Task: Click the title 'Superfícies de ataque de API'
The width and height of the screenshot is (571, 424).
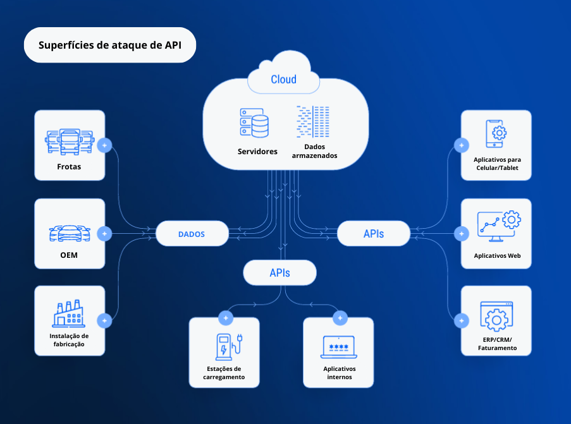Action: pyautogui.click(x=109, y=45)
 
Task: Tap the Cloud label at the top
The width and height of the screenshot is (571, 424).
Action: pyautogui.click(x=283, y=80)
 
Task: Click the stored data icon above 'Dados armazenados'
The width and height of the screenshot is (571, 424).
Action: pyautogui.click(x=313, y=122)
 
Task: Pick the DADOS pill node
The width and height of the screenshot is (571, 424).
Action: pyautogui.click(x=192, y=234)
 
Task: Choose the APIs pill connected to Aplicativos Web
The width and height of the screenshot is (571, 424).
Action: pyautogui.click(x=374, y=234)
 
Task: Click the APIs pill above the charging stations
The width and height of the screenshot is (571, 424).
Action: pyautogui.click(x=280, y=273)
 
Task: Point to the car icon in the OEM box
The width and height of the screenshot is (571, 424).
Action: pyautogui.click(x=70, y=233)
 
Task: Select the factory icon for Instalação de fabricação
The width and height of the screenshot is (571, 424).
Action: pyautogui.click(x=70, y=313)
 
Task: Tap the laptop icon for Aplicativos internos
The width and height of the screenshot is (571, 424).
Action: pyautogui.click(x=339, y=347)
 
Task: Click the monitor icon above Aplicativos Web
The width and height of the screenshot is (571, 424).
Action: pyautogui.click(x=498, y=226)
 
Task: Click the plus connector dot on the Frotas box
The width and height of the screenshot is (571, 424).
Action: pyautogui.click(x=106, y=145)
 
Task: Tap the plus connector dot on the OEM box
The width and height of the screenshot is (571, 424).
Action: pyautogui.click(x=106, y=234)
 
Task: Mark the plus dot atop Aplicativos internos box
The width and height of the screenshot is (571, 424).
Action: pyautogui.click(x=341, y=318)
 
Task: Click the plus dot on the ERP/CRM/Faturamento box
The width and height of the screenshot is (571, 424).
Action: pyautogui.click(x=462, y=321)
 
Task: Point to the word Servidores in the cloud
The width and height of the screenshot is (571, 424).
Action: pyautogui.click(x=257, y=152)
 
